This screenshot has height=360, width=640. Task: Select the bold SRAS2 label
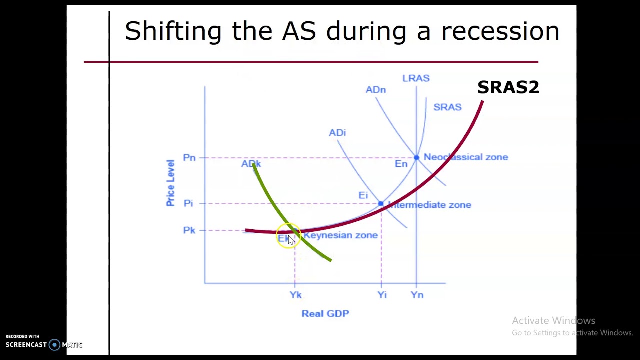(508, 87)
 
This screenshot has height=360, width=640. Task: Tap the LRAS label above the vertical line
(416, 78)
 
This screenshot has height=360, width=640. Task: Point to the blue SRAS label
(447, 107)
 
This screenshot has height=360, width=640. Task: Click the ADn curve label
(375, 90)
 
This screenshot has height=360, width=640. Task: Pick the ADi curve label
(337, 133)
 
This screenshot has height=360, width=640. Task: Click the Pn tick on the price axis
(189, 158)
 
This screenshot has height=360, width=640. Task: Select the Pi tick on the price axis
(188, 203)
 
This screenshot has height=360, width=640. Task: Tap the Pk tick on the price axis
(189, 230)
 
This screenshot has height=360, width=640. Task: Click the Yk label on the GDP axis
(295, 295)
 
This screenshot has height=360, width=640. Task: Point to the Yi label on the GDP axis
(382, 295)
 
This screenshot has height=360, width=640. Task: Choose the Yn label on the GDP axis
(417, 295)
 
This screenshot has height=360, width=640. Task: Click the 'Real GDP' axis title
(325, 313)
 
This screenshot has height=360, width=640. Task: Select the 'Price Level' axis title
(170, 183)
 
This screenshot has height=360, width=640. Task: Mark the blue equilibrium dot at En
(416, 158)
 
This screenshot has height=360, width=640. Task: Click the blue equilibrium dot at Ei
(381, 203)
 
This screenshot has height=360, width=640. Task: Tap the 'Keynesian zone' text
(340, 235)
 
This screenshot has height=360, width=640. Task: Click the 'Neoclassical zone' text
(466, 157)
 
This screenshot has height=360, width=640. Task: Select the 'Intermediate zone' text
(430, 205)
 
